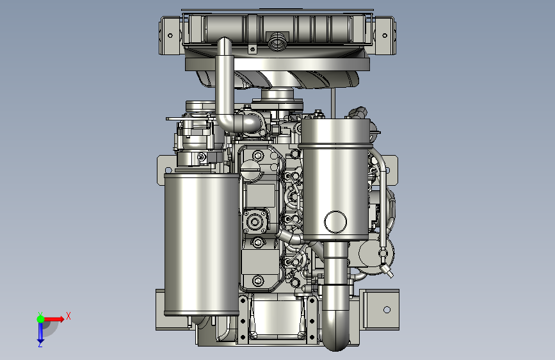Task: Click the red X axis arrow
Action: tap(54, 319)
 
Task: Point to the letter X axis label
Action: tap(68, 316)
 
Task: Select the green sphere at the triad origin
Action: tap(40, 319)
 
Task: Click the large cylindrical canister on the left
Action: tap(202, 244)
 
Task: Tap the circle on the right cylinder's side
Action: tap(335, 222)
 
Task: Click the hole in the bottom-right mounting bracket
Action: tap(387, 309)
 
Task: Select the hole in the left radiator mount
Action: tap(170, 35)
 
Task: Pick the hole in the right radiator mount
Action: tap(385, 35)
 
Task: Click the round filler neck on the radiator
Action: tap(278, 42)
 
